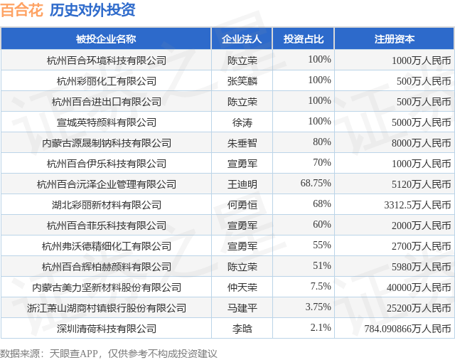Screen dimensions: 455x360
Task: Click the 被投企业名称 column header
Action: click(106, 39)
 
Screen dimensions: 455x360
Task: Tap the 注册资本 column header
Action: click(395, 39)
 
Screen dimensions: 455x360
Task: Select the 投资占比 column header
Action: click(304, 39)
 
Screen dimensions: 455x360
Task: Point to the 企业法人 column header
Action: click(242, 39)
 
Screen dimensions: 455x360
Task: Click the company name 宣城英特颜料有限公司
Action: click(107, 122)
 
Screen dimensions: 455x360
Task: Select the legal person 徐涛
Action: click(242, 122)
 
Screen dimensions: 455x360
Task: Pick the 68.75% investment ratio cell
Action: click(316, 183)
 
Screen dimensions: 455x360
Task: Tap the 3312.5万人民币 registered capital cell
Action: click(417, 205)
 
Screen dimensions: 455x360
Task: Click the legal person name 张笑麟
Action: click(242, 81)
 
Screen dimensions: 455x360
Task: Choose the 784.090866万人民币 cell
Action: click(407, 329)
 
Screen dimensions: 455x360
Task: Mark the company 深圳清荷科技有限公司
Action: click(107, 329)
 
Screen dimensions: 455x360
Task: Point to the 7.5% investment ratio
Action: click(321, 286)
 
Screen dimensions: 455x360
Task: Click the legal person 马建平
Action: click(242, 308)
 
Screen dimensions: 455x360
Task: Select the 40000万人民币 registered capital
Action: click(419, 287)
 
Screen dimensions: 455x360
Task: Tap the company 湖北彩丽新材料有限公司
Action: click(107, 205)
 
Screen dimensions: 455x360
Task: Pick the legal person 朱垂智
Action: click(242, 143)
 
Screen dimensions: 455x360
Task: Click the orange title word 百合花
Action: click(22, 10)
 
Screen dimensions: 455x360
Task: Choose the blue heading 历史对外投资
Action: click(92, 10)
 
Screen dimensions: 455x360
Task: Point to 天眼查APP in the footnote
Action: click(73, 354)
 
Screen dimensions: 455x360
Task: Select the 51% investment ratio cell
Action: click(322, 265)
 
